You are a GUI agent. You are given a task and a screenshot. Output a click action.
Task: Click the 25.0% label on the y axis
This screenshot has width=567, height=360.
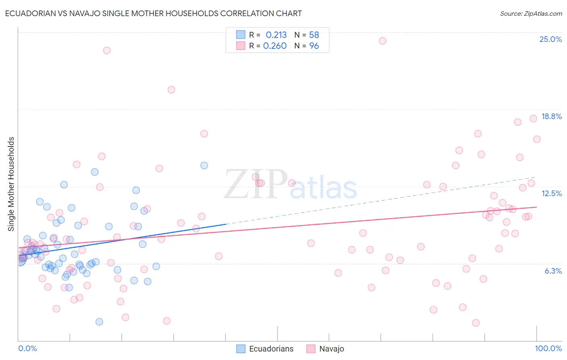[550, 39]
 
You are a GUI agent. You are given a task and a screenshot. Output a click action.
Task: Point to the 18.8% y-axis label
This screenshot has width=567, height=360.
[551, 116]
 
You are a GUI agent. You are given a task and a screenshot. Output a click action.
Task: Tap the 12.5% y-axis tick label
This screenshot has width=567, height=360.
[551, 193]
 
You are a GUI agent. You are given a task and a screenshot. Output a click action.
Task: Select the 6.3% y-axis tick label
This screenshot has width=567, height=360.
[553, 271]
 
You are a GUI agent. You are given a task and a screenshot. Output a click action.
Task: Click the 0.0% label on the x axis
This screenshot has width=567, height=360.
[27, 348]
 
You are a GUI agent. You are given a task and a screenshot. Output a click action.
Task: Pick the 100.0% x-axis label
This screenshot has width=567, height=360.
[548, 348]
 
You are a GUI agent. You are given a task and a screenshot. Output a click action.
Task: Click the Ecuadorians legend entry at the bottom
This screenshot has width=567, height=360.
[271, 349]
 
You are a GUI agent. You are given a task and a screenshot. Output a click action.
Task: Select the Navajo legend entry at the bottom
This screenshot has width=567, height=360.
[331, 349]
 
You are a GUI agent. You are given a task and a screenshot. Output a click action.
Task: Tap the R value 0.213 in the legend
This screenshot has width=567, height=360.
[276, 35]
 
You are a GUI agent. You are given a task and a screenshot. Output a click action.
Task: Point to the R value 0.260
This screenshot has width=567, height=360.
[275, 46]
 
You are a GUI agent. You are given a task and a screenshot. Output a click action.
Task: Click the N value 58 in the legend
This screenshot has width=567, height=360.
[314, 35]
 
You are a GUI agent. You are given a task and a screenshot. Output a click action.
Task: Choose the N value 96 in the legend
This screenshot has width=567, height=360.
[314, 46]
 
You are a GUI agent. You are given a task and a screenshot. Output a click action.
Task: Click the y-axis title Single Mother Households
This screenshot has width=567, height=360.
[11, 184]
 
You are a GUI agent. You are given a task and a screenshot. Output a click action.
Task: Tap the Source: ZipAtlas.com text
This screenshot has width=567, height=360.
[531, 13]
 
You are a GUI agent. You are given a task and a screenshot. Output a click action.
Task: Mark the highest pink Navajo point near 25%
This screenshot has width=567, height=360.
[382, 41]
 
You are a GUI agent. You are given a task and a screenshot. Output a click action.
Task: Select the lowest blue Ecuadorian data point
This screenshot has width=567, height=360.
[99, 322]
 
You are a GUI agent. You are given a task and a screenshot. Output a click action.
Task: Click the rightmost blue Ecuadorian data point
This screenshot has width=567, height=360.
[204, 165]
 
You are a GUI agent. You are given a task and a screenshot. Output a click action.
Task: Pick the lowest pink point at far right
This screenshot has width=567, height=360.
[476, 323]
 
